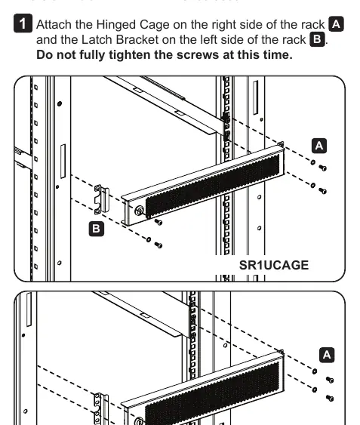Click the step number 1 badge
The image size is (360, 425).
point(23,23)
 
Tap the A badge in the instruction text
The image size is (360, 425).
point(336,24)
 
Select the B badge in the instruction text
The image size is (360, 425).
point(318,39)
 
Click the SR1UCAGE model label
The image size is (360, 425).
point(274,265)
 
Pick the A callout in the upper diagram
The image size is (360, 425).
point(319,146)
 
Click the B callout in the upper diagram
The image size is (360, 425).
point(97,229)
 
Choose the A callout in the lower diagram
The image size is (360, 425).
point(327,355)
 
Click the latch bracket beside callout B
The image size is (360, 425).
point(101,199)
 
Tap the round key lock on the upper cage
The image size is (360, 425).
point(140,211)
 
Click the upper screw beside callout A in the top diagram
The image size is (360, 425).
point(322,168)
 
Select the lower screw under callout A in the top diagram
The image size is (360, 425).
point(322,191)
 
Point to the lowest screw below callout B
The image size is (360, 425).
point(158,245)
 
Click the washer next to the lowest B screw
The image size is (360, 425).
point(149,239)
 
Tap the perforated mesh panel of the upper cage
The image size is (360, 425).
point(213,186)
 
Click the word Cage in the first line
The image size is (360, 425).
point(155,25)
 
